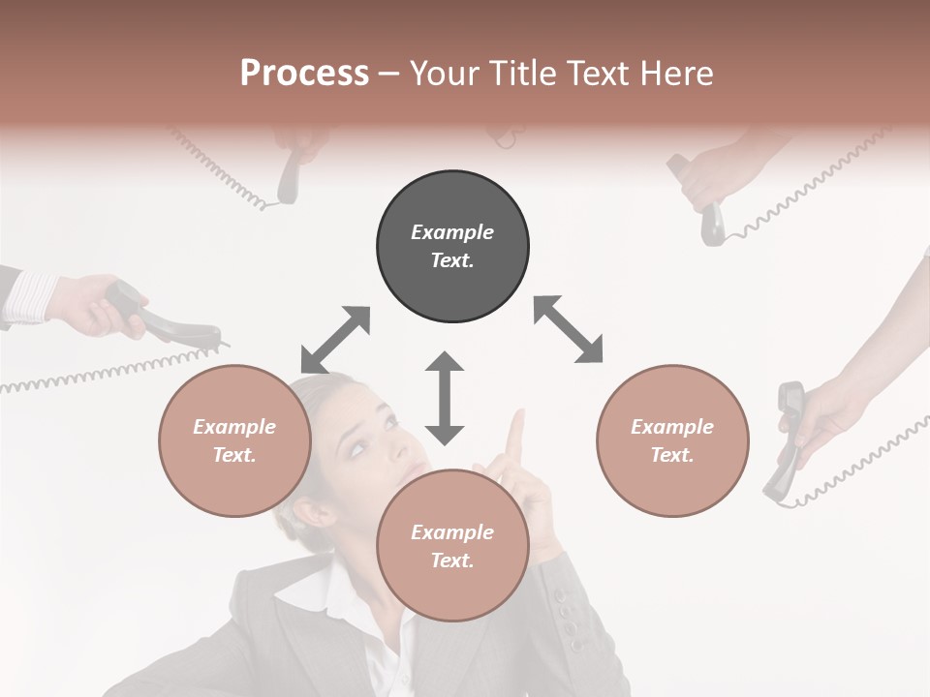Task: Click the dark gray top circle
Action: pos(452,247)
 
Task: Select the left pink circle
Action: pos(234,440)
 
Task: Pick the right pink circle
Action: pos(672,440)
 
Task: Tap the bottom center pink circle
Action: pos(452,546)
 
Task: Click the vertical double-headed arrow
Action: pos(445,398)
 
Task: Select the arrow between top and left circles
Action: pos(335,340)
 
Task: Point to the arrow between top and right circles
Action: pos(569,329)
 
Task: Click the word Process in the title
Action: pos(304,73)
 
